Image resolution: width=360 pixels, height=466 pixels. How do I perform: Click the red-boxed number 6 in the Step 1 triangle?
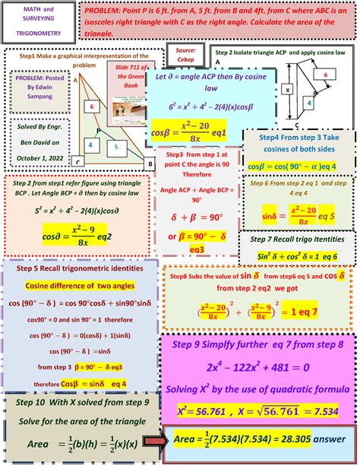pyautogui.click(x=90, y=108)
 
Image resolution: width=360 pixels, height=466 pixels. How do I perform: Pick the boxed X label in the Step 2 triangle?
pyautogui.click(x=288, y=89)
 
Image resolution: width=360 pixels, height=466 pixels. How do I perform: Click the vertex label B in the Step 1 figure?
pyautogui.click(x=149, y=163)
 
